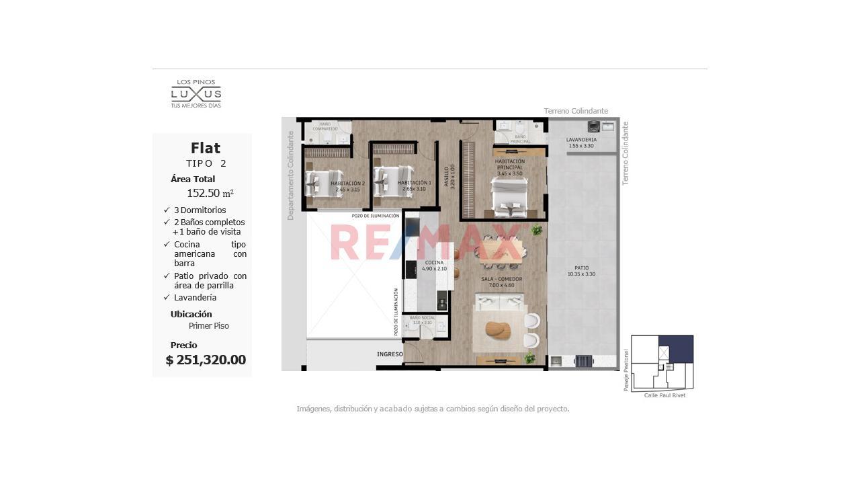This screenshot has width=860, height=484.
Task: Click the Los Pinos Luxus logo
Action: click(196, 94)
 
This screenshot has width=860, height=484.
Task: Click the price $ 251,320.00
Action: click(206, 360)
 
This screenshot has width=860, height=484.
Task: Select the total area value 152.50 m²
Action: click(210, 193)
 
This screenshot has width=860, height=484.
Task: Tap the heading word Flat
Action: click(205, 148)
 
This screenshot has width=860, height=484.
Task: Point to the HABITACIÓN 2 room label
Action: click(347, 186)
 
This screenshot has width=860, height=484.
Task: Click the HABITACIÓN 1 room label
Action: click(414, 186)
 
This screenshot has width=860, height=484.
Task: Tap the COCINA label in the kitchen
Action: click(434, 266)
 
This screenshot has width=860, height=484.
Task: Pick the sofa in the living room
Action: click(500, 302)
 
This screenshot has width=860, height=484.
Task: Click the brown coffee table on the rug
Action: click(497, 331)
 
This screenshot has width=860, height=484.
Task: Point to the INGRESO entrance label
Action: click(390, 354)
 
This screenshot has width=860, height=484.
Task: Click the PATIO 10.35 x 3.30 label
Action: click(582, 271)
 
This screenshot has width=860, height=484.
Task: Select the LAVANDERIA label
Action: click(581, 143)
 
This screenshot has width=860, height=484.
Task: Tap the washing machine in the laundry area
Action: click(593, 126)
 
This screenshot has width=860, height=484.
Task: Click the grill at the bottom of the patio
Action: click(584, 361)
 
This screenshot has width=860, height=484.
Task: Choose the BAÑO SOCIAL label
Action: click(422, 320)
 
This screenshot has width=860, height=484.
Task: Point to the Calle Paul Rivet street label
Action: click(664, 395)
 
